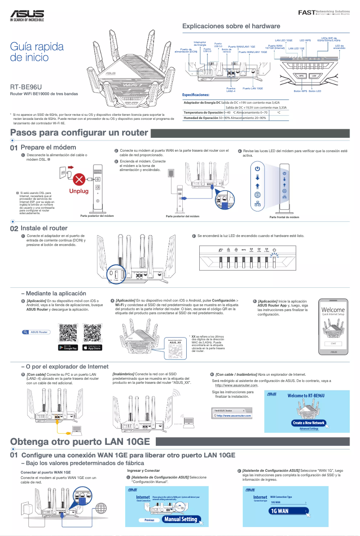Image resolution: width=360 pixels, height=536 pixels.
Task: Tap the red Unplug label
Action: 79,191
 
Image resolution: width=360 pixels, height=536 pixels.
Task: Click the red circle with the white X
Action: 79,180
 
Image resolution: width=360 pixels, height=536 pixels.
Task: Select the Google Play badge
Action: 68,347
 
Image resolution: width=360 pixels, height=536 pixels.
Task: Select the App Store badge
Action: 93,347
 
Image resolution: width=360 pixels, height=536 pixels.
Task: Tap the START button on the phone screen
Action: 333,343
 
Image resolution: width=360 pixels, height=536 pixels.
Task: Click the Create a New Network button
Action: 308,423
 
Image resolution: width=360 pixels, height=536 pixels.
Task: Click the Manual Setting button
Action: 180,519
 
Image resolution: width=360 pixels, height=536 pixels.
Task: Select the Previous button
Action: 149,520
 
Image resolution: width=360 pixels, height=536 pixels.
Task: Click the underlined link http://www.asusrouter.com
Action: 237,385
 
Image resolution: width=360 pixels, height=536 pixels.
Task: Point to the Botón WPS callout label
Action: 300,91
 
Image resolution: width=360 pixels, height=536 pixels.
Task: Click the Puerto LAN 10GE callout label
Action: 253,89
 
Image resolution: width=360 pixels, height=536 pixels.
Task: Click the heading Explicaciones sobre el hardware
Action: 231,26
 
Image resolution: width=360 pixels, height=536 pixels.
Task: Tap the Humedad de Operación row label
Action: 201,118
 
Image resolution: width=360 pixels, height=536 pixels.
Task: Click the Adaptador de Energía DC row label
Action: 202,103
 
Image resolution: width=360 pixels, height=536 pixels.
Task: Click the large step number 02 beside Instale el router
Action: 14,228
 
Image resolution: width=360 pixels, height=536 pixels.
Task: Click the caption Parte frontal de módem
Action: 284,217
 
